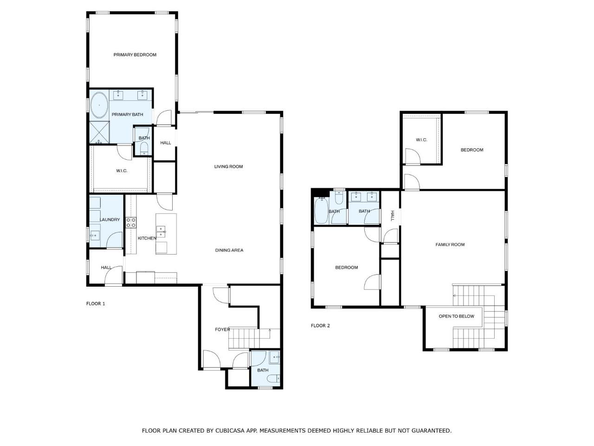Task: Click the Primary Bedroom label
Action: point(135,55)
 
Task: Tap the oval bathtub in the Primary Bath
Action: point(99,105)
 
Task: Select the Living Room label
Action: point(228,166)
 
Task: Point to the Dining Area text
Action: point(229,250)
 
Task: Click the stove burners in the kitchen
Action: point(131,223)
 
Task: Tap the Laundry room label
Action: point(110,220)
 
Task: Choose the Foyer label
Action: point(222,329)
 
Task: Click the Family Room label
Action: point(450,244)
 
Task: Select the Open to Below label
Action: point(457,316)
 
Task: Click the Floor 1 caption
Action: point(96,303)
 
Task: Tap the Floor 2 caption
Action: point(320,326)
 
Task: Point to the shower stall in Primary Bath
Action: point(99,132)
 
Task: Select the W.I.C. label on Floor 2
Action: point(421,140)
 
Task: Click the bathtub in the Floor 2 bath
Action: point(321,210)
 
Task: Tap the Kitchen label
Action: point(147,238)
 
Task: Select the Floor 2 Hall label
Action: point(393,216)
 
